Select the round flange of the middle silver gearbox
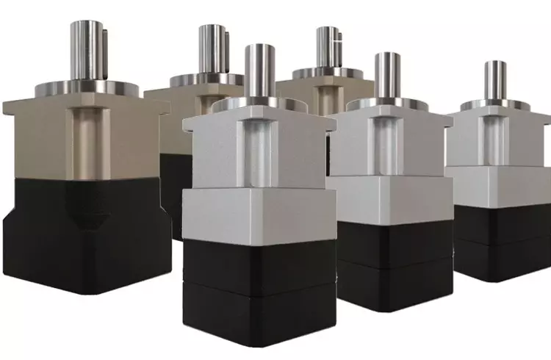click(x=387, y=104)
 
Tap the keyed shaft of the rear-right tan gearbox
click(x=328, y=48)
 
